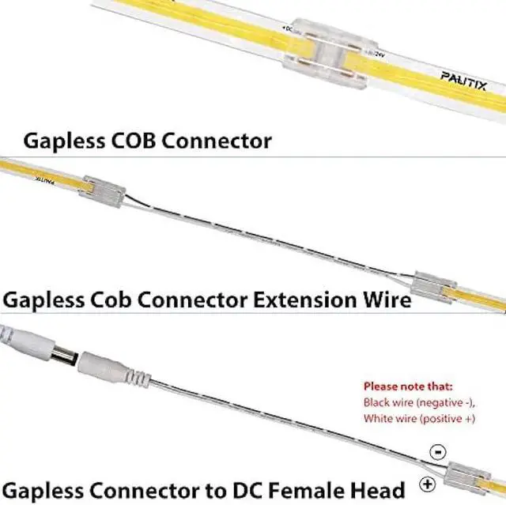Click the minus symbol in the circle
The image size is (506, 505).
436,451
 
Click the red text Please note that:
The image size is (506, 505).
407,387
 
